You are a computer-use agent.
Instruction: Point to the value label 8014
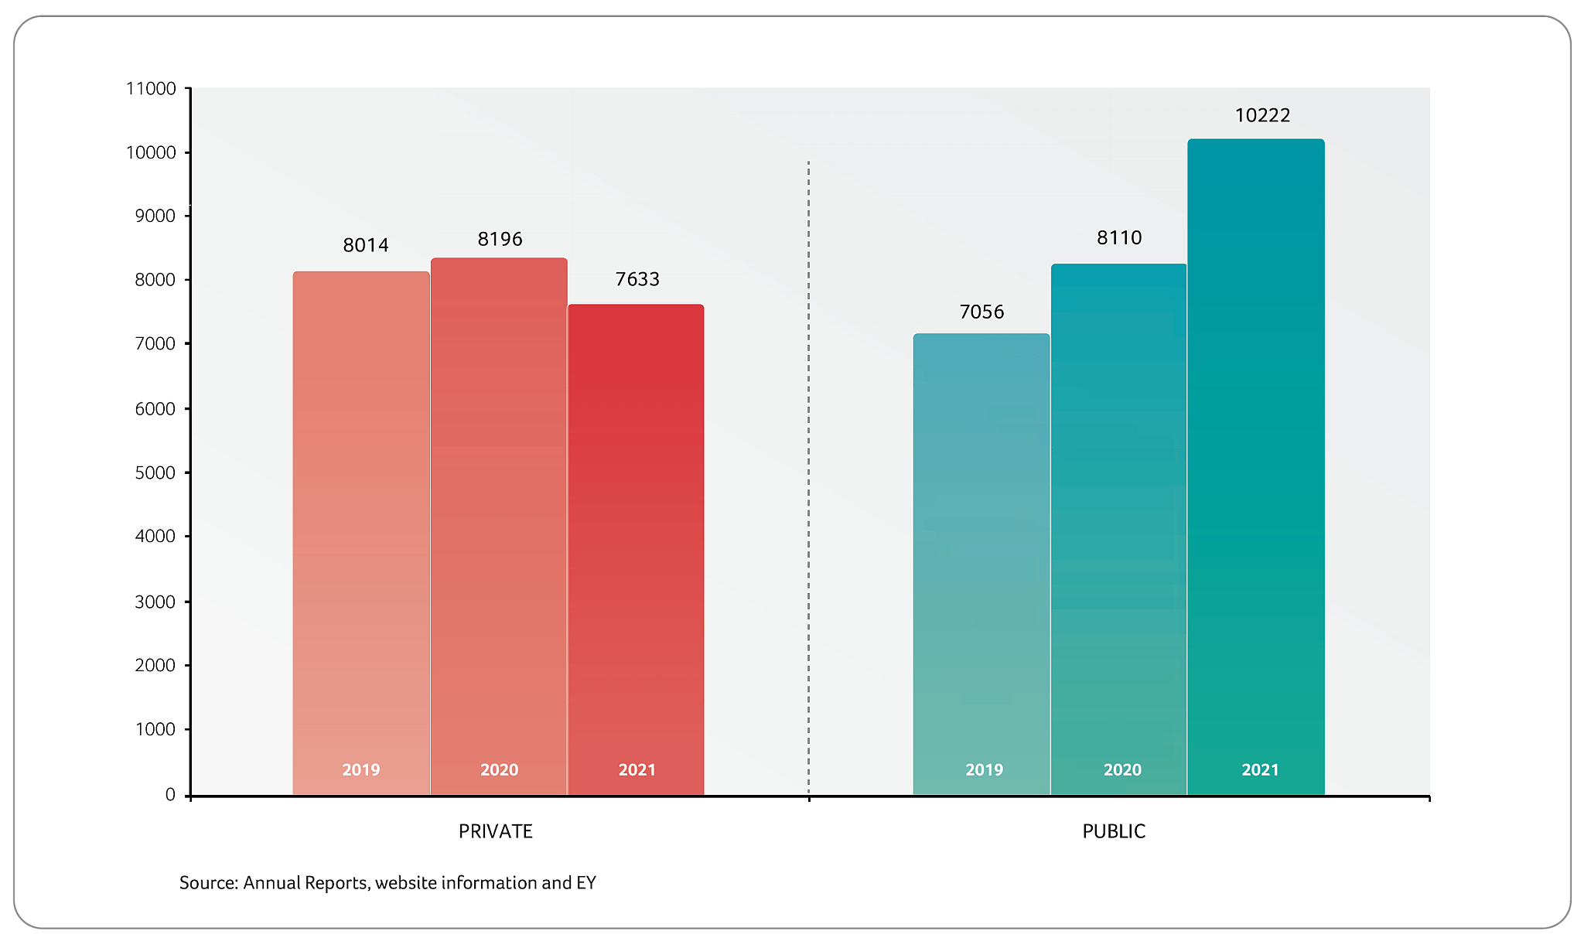[366, 245]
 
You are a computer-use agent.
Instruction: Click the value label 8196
[500, 239]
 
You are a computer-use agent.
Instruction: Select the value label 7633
[637, 279]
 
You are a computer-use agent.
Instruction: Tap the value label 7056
[981, 312]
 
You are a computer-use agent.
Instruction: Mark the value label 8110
[1119, 237]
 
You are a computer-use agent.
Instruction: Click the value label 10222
[1262, 115]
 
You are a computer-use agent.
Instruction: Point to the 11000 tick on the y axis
[152, 89]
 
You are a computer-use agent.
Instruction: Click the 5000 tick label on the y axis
[155, 472]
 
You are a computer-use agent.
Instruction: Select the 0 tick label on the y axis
[170, 795]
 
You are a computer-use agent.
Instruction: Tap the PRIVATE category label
[496, 831]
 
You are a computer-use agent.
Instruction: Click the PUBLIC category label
[1114, 831]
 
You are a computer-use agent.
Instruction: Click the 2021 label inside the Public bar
[1260, 769]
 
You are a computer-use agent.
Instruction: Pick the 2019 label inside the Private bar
[361, 769]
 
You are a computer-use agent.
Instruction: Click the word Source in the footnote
[208, 883]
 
